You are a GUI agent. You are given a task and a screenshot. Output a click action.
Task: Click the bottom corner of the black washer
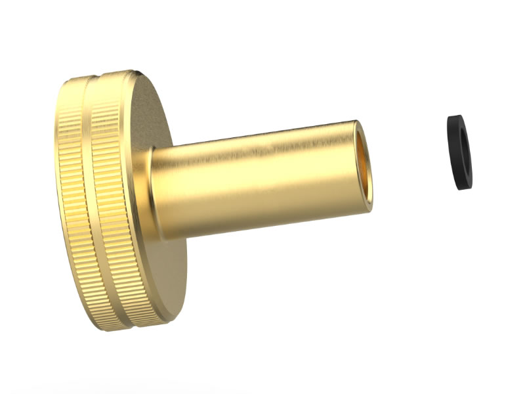click(463, 189)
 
